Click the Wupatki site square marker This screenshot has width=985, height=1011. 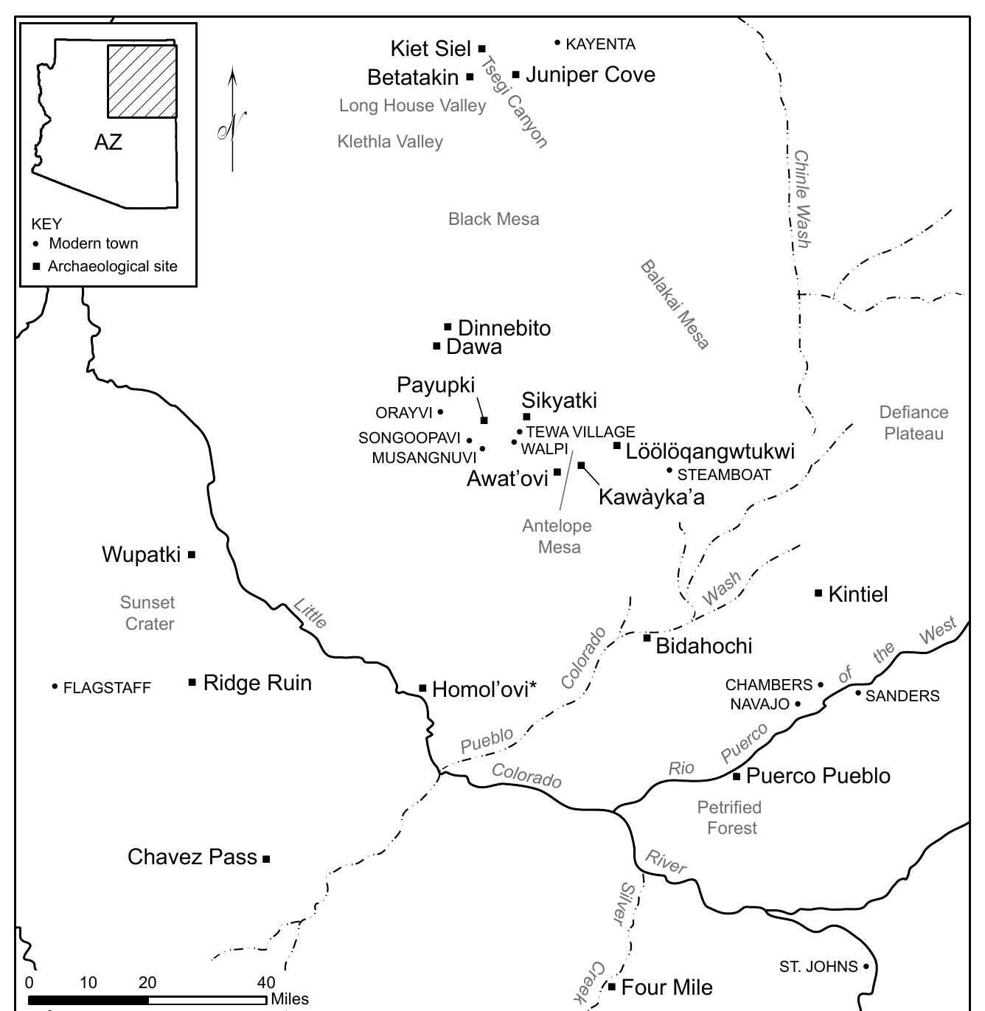click(192, 555)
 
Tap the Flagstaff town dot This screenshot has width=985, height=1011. click(55, 687)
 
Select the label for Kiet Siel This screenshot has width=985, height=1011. click(431, 49)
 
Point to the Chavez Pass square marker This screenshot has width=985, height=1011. click(266, 858)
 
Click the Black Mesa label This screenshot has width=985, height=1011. click(493, 219)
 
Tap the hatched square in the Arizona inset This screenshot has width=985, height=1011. click(142, 81)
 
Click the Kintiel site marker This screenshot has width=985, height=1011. click(818, 593)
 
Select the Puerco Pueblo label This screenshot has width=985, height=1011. click(818, 776)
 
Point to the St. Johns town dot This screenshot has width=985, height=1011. click(866, 966)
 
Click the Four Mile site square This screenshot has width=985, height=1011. click(611, 986)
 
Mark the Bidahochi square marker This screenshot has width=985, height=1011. click(647, 638)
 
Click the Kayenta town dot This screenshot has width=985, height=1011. click(557, 43)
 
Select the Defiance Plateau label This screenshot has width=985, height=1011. click(913, 423)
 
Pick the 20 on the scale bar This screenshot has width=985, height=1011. click(147, 982)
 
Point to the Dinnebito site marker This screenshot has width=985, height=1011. click(448, 327)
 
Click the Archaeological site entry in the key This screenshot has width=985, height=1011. click(112, 266)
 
